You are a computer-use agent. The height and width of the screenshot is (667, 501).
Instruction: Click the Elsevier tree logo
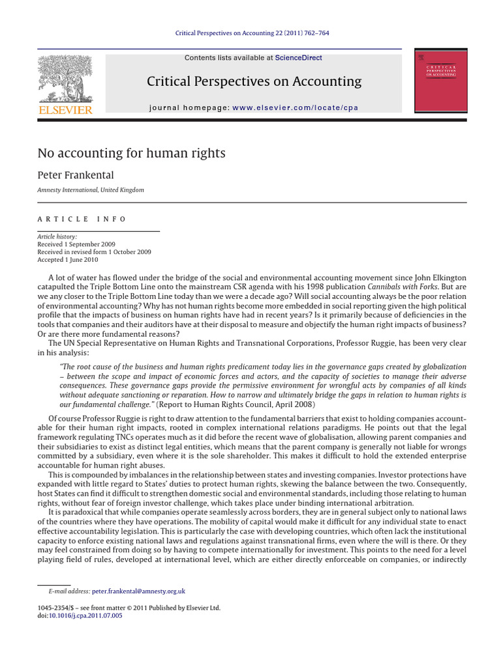pyautogui.click(x=65, y=79)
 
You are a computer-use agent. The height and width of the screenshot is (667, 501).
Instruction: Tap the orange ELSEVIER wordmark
pyautogui.click(x=65, y=109)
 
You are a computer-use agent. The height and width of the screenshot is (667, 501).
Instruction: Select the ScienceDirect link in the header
pyautogui.click(x=298, y=58)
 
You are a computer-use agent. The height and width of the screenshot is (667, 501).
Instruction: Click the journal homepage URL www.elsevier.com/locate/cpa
pyautogui.click(x=295, y=107)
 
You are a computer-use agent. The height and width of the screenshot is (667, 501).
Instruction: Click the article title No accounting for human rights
pyautogui.click(x=132, y=154)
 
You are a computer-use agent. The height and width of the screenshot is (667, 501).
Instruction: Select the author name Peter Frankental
pyautogui.click(x=76, y=176)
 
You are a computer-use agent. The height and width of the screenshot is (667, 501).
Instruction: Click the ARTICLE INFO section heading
pyautogui.click(x=82, y=219)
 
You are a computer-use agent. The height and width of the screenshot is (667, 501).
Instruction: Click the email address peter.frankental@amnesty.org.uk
pyautogui.click(x=139, y=591)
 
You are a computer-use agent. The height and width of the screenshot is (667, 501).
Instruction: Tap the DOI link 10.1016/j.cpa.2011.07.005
pyautogui.click(x=85, y=615)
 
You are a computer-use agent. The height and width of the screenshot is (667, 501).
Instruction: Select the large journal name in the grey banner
pyautogui.click(x=254, y=81)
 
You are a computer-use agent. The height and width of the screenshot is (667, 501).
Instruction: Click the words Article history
pyautogui.click(x=57, y=236)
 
